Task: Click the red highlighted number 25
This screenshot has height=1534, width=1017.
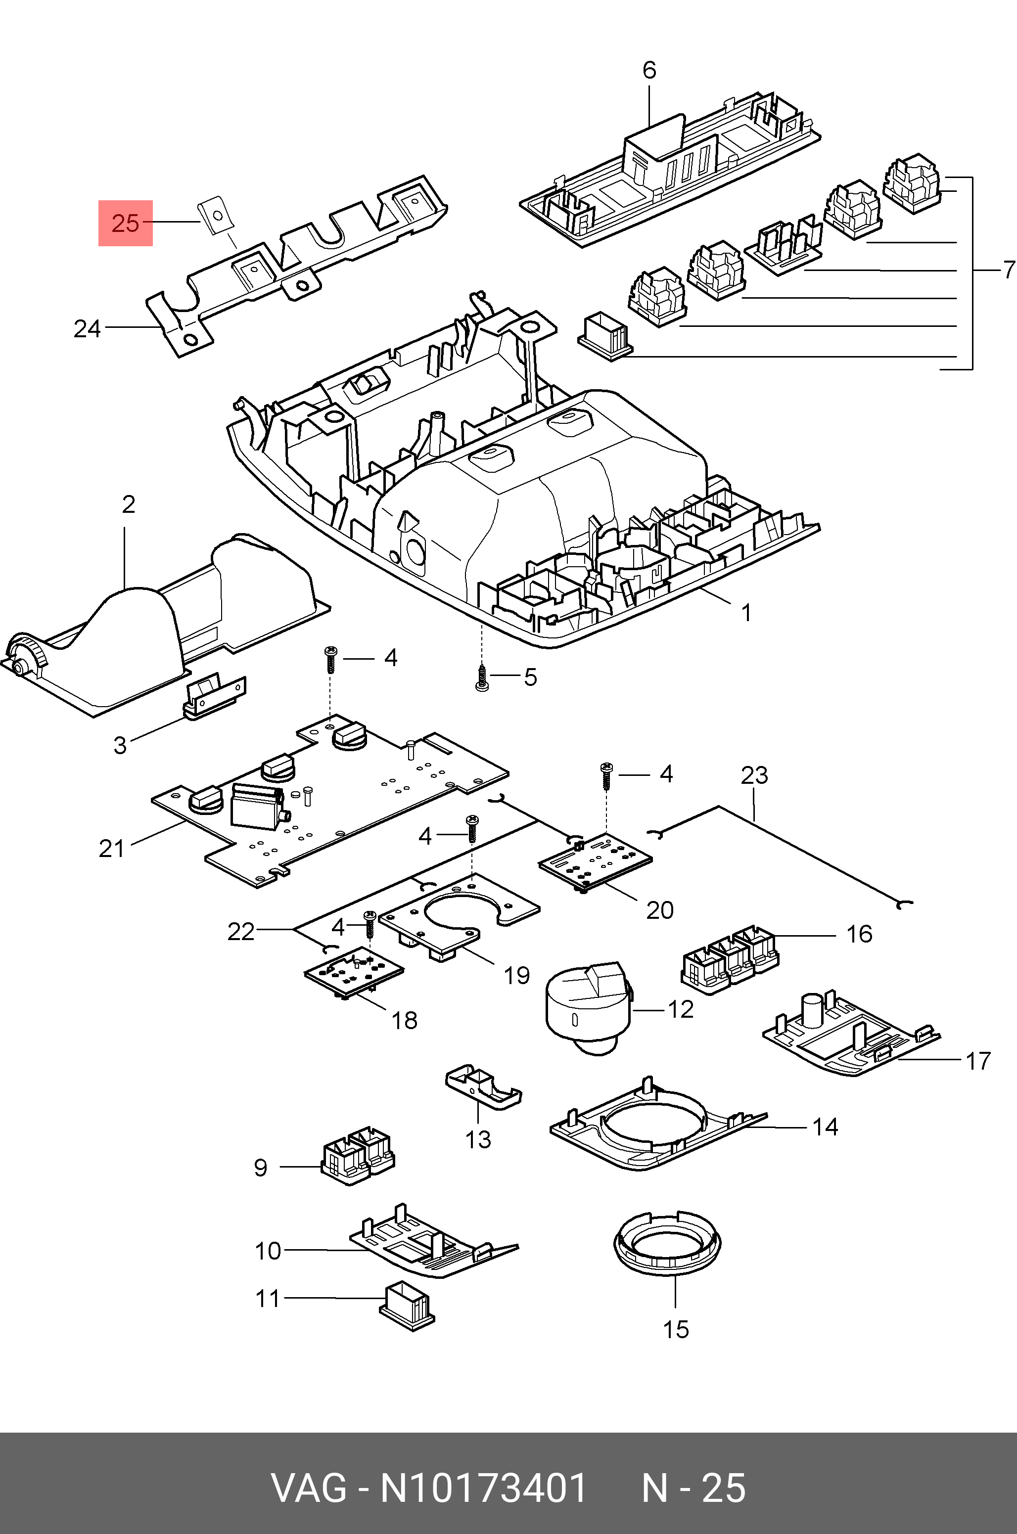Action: tap(125, 223)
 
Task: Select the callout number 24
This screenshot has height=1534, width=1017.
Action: tap(87, 329)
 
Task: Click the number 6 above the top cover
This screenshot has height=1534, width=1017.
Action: tap(649, 70)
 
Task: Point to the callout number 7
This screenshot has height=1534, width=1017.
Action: tap(1009, 270)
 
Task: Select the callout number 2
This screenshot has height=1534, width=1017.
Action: tap(129, 504)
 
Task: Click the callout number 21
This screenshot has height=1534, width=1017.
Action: tap(112, 849)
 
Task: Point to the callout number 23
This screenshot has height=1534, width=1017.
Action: tap(754, 775)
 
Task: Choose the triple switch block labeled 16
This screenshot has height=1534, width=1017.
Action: tap(729, 959)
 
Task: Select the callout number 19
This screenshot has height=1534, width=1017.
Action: tap(516, 976)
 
